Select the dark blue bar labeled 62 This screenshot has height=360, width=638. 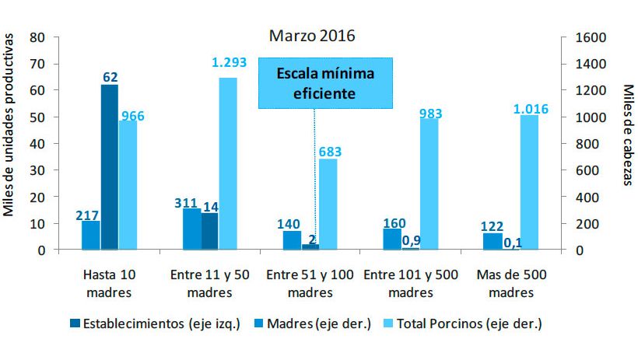[110, 167]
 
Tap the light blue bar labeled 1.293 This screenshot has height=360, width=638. [228, 163]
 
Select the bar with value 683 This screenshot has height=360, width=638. [328, 204]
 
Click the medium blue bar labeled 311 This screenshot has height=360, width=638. [191, 229]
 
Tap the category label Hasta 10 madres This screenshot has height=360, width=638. [110, 285]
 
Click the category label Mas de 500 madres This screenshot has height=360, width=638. [512, 285]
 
